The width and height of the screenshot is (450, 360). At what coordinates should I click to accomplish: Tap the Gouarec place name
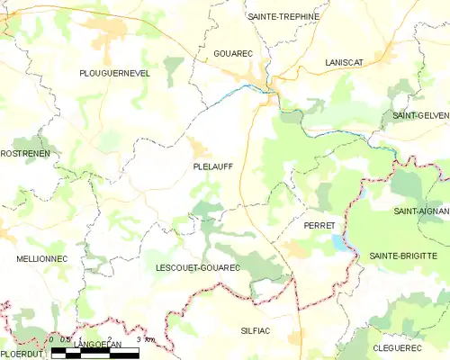pyautogui.click(x=233, y=54)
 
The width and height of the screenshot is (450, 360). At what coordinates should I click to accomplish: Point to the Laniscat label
pyautogui.click(x=344, y=62)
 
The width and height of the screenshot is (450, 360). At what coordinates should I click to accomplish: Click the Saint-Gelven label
pyautogui.click(x=420, y=117)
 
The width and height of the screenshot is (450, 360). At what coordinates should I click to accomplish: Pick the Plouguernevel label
pyautogui.click(x=114, y=73)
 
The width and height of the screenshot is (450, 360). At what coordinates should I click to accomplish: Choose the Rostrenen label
pyautogui.click(x=25, y=154)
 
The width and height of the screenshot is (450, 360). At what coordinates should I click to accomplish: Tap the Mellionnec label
pyautogui.click(x=38, y=258)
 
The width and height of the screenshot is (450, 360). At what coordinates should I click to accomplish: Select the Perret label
pyautogui.click(x=319, y=225)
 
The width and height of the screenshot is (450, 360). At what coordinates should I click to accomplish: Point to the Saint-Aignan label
pyautogui.click(x=420, y=211)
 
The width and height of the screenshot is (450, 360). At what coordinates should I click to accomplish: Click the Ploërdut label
pyautogui.click(x=22, y=355)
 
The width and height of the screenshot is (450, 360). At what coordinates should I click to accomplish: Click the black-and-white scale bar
pyautogui.click(x=95, y=355)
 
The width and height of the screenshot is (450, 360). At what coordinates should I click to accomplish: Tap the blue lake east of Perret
pyautogui.click(x=338, y=242)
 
